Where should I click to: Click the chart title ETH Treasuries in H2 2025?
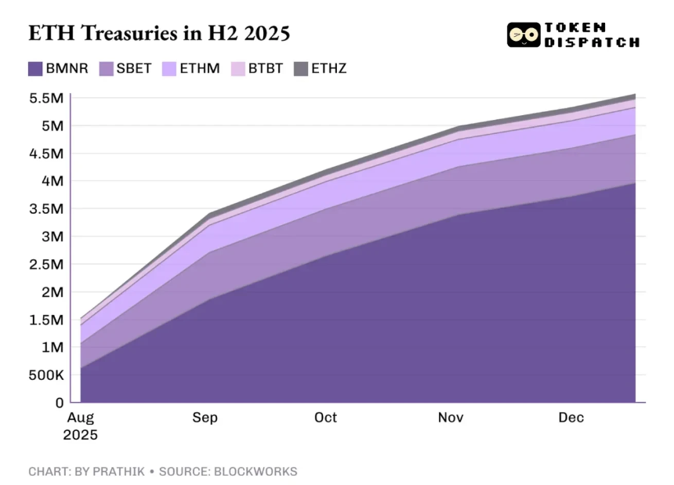coord(159,34)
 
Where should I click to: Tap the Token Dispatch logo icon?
coord(523,34)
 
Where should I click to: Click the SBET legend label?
coord(134,69)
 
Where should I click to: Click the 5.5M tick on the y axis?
coord(46,98)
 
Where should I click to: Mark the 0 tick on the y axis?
coord(59,403)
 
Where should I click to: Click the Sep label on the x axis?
coord(205,418)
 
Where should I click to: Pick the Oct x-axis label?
coord(325,418)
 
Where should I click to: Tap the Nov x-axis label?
coord(451,418)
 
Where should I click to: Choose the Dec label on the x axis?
coord(571,418)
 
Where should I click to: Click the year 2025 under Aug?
coord(82,434)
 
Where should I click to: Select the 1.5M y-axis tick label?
coord(46,320)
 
